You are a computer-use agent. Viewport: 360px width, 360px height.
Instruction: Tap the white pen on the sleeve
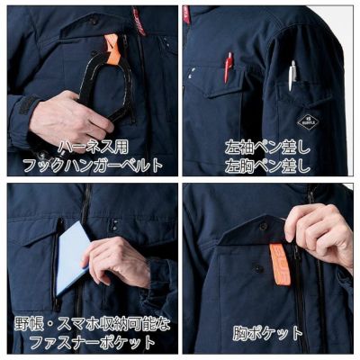tap(292, 76)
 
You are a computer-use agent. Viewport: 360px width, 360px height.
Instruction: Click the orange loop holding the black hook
tap(111, 46)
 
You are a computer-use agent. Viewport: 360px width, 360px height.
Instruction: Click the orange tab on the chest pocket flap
tap(280, 265)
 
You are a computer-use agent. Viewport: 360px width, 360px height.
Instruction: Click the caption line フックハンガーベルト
tap(91, 165)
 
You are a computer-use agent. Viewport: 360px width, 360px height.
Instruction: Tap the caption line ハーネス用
tap(89, 146)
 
